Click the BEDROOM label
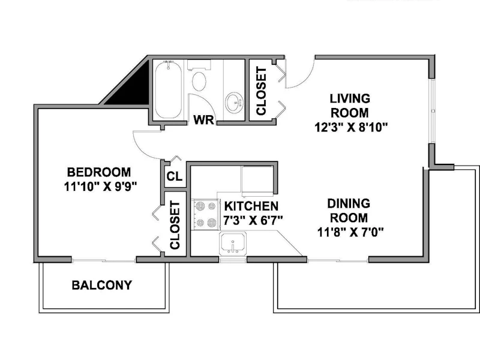pos(99,172)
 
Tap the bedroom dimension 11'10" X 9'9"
pos(100,187)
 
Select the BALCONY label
pos(102,286)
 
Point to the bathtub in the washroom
pos(168,89)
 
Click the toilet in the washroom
pos(199,76)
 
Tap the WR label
pos(203,119)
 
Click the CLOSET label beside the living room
pos(261,91)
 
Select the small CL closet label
pos(175,176)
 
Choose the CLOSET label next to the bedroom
pos(175,225)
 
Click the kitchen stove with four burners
pos(205,214)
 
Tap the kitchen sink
pos(233,244)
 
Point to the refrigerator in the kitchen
pos(257,181)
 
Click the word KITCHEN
pos(251,206)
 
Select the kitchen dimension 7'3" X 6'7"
pos(253,220)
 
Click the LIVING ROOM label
pos(350,106)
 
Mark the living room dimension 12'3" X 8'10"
pos(352,127)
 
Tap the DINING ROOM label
pos(349,211)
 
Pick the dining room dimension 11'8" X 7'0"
pos(350,232)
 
